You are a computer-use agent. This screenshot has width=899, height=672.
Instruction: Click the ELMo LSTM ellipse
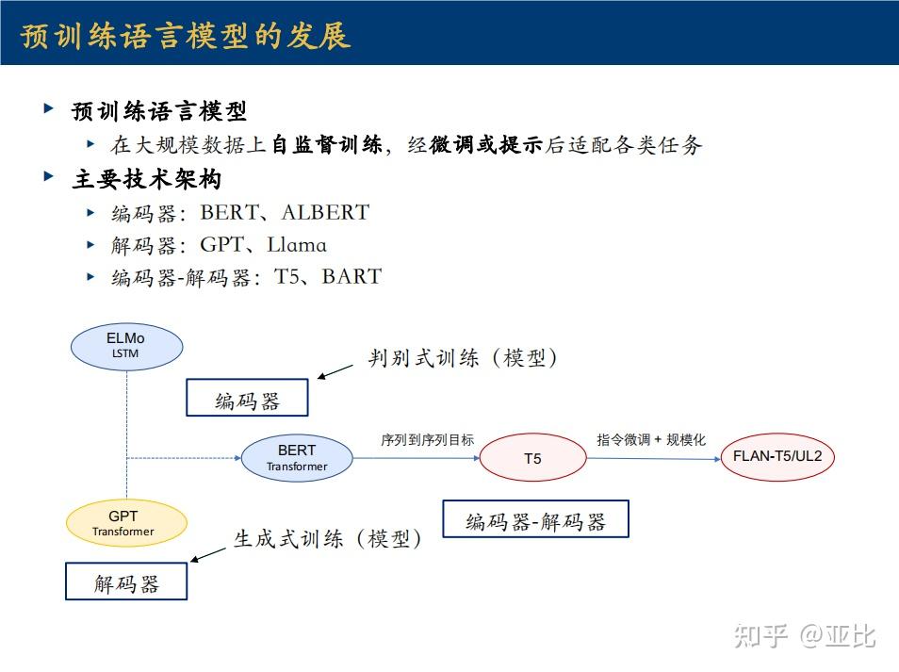[x=126, y=346]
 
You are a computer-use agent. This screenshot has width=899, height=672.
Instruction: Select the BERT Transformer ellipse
[x=297, y=457]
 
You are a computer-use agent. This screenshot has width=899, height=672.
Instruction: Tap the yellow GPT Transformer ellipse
[x=126, y=523]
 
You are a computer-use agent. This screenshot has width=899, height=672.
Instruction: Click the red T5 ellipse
[x=532, y=457]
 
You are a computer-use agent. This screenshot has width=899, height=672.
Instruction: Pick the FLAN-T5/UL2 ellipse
[x=777, y=456]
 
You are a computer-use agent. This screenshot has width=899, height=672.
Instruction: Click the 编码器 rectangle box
[x=247, y=397]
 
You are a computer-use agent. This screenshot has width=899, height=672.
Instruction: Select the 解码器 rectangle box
[x=126, y=581]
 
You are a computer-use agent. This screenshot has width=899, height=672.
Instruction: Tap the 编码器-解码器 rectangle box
[x=535, y=518]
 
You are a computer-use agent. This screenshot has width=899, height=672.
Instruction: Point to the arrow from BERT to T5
[x=417, y=458]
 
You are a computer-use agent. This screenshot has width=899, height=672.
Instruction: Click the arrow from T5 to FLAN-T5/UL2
[x=654, y=459]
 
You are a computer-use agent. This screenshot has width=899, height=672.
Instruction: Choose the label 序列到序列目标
[x=427, y=440]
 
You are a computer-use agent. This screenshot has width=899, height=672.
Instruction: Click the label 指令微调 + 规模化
[x=651, y=440]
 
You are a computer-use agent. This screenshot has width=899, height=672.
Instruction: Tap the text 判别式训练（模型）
[x=462, y=358]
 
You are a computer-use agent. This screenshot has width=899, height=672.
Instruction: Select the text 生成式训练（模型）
[x=327, y=538]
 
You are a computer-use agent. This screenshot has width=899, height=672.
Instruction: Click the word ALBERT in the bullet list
[x=325, y=212]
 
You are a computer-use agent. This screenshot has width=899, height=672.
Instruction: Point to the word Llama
[x=297, y=245]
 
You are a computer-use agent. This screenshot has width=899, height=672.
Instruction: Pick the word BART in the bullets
[x=351, y=276]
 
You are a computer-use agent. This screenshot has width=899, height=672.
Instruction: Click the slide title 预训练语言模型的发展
[x=186, y=36]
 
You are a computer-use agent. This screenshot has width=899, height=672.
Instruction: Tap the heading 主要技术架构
[x=147, y=179]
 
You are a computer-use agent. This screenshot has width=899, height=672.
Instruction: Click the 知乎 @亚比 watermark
[x=805, y=635]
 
